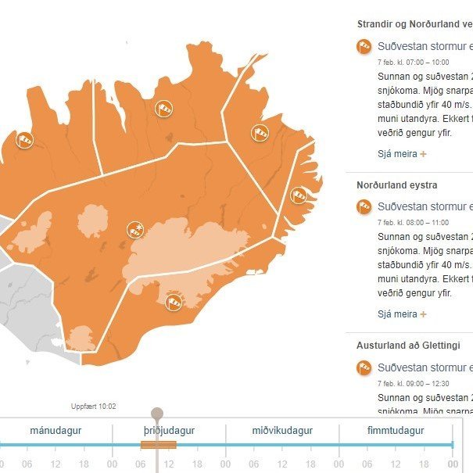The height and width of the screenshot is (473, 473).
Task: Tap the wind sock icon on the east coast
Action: click(299, 195)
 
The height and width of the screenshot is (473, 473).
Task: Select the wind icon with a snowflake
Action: click(136, 230)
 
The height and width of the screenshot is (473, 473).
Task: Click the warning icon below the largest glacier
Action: click(174, 299)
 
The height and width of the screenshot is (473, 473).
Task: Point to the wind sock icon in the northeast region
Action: click(260, 133)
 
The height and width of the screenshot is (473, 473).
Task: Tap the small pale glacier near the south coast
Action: click(81, 339)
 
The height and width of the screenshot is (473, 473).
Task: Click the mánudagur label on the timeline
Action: click(56, 431)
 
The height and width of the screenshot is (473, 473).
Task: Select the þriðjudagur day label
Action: click(169, 431)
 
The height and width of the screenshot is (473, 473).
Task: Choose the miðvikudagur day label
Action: click(282, 431)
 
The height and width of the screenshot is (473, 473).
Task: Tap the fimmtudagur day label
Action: click(396, 431)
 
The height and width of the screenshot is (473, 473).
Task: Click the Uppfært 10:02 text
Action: click(93, 407)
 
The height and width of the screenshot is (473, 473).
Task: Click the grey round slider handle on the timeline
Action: click(157, 414)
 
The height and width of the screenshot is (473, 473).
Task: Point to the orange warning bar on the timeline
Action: click(158, 445)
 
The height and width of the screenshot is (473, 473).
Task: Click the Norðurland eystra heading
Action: click(396, 185)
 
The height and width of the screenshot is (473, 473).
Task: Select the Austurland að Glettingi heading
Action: click(408, 345)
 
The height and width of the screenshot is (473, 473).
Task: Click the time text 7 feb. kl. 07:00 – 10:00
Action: click(413, 62)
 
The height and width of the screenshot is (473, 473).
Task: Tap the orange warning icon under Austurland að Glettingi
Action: click(364, 367)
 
